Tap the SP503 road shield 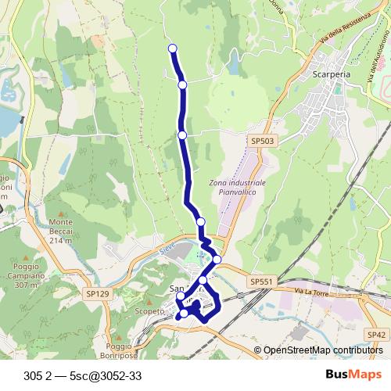tap(263, 140)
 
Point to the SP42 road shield tap(377, 334)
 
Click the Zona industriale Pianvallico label tap(238, 188)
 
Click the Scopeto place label tap(149, 311)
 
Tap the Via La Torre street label tap(310, 292)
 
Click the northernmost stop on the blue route tap(173, 49)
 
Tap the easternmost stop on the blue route tap(217, 260)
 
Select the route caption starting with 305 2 tap(83, 375)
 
